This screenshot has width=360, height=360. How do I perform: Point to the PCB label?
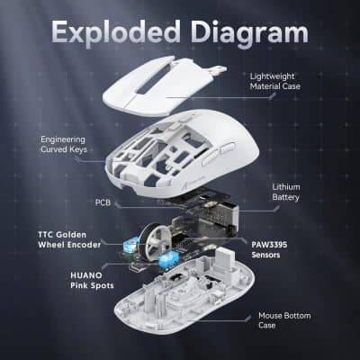click(103, 203)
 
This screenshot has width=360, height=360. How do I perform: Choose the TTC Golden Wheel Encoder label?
click(59, 238)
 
